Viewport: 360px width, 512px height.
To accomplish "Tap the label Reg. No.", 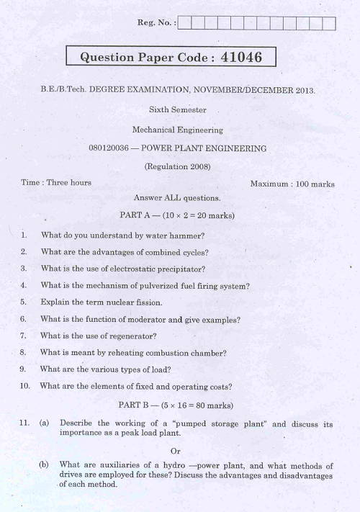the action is tap(156, 23).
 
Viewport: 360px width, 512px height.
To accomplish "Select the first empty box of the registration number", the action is tap(184, 23).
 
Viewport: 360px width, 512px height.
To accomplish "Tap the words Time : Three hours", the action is tap(56, 183).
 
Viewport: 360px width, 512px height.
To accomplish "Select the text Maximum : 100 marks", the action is tap(292, 184).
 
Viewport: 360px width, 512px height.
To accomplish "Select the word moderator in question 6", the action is tap(145, 319).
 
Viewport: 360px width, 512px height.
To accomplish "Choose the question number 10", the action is tap(25, 386).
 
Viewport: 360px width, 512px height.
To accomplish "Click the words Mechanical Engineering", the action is tap(177, 130).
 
